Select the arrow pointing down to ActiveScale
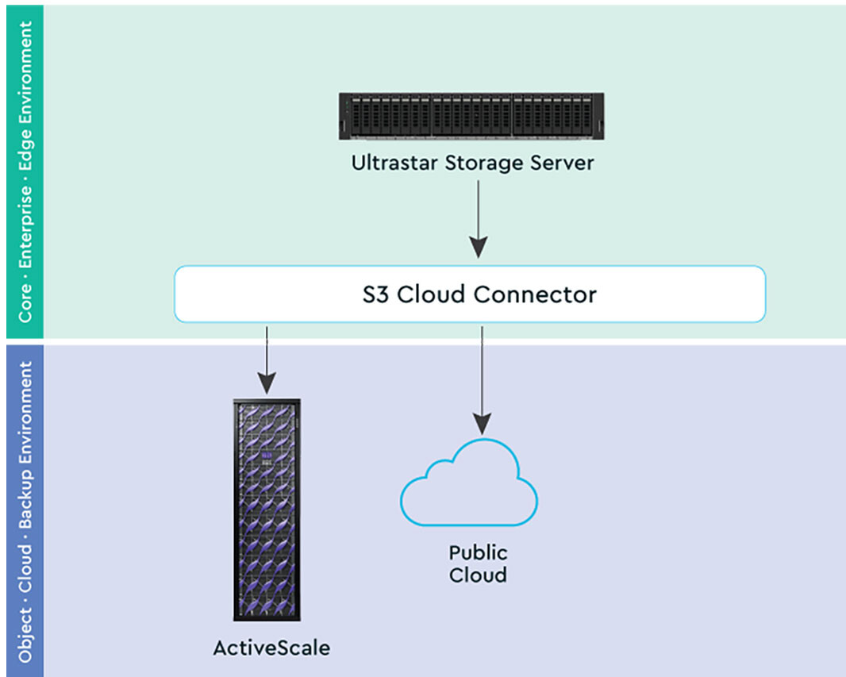(267, 360)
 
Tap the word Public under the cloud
(478, 552)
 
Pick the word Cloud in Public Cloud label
(478, 575)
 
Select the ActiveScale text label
(271, 648)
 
